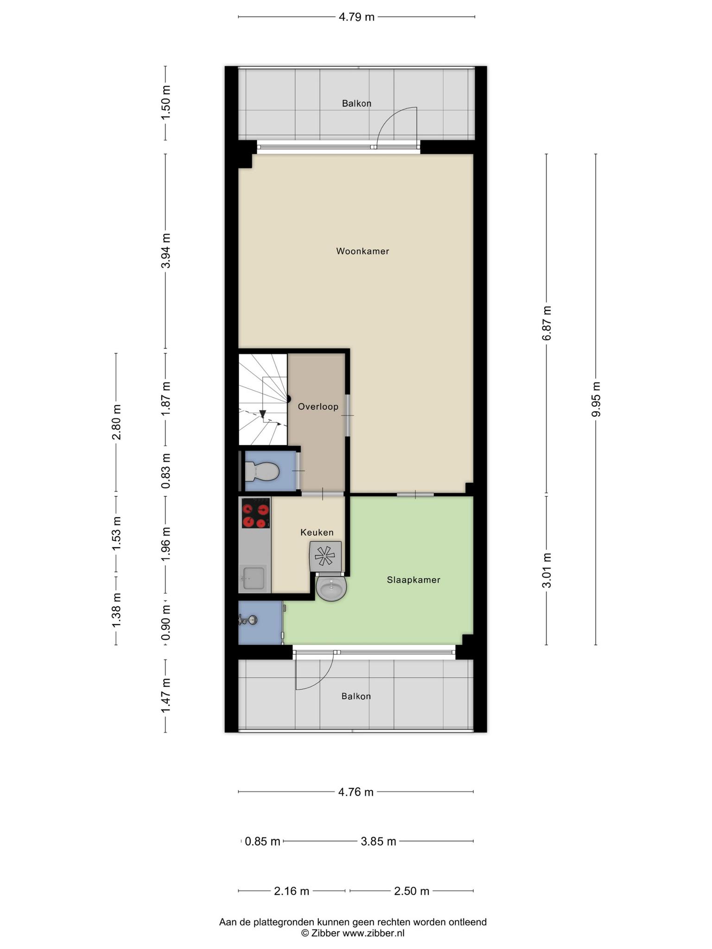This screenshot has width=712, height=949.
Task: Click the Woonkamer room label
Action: pos(362,251)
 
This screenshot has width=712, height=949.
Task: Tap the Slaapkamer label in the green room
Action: pos(413,580)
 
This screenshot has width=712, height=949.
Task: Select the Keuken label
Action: pos(317,532)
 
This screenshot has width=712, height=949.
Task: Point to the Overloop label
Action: pos(318,407)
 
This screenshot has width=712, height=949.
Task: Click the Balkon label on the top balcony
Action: pos(357,103)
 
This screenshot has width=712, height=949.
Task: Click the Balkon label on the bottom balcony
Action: pos(356,696)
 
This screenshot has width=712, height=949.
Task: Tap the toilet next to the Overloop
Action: pos(261,472)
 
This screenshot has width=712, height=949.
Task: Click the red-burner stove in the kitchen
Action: pos(256,513)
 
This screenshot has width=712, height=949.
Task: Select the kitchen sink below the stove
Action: pos(252,578)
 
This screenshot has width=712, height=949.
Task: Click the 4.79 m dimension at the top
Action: pos(356,17)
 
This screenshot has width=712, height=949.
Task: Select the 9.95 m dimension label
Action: pos(596,399)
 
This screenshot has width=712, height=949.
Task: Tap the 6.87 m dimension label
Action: pos(547,323)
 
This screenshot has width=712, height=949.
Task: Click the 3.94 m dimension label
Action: pos(166,251)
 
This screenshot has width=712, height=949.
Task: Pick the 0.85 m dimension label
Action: pos(263,841)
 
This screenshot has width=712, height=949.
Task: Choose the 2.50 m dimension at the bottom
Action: pos(412,891)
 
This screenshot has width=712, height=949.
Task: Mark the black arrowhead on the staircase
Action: pos(262,414)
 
